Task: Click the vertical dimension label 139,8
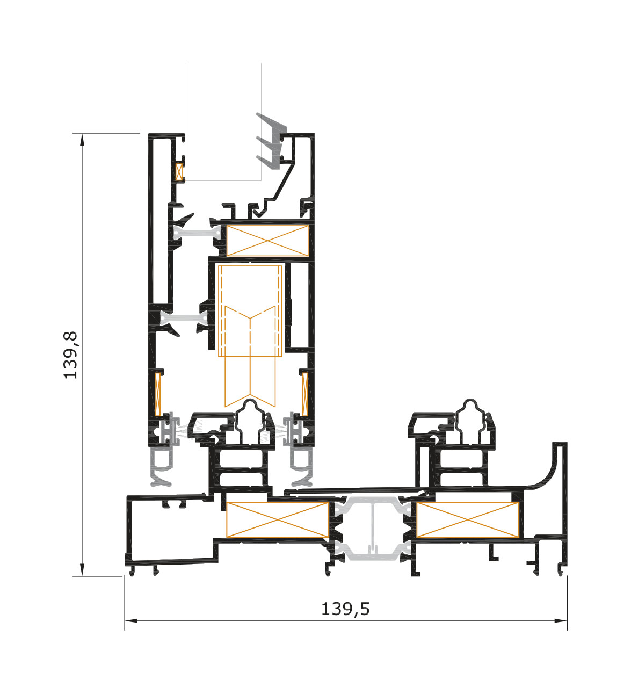[70, 355]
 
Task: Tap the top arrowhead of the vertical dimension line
[82, 141]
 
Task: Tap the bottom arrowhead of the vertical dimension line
[82, 568]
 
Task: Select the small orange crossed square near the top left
[179, 172]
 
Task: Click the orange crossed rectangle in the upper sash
[267, 241]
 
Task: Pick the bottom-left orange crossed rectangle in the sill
[278, 519]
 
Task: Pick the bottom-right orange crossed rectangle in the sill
[468, 519]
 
